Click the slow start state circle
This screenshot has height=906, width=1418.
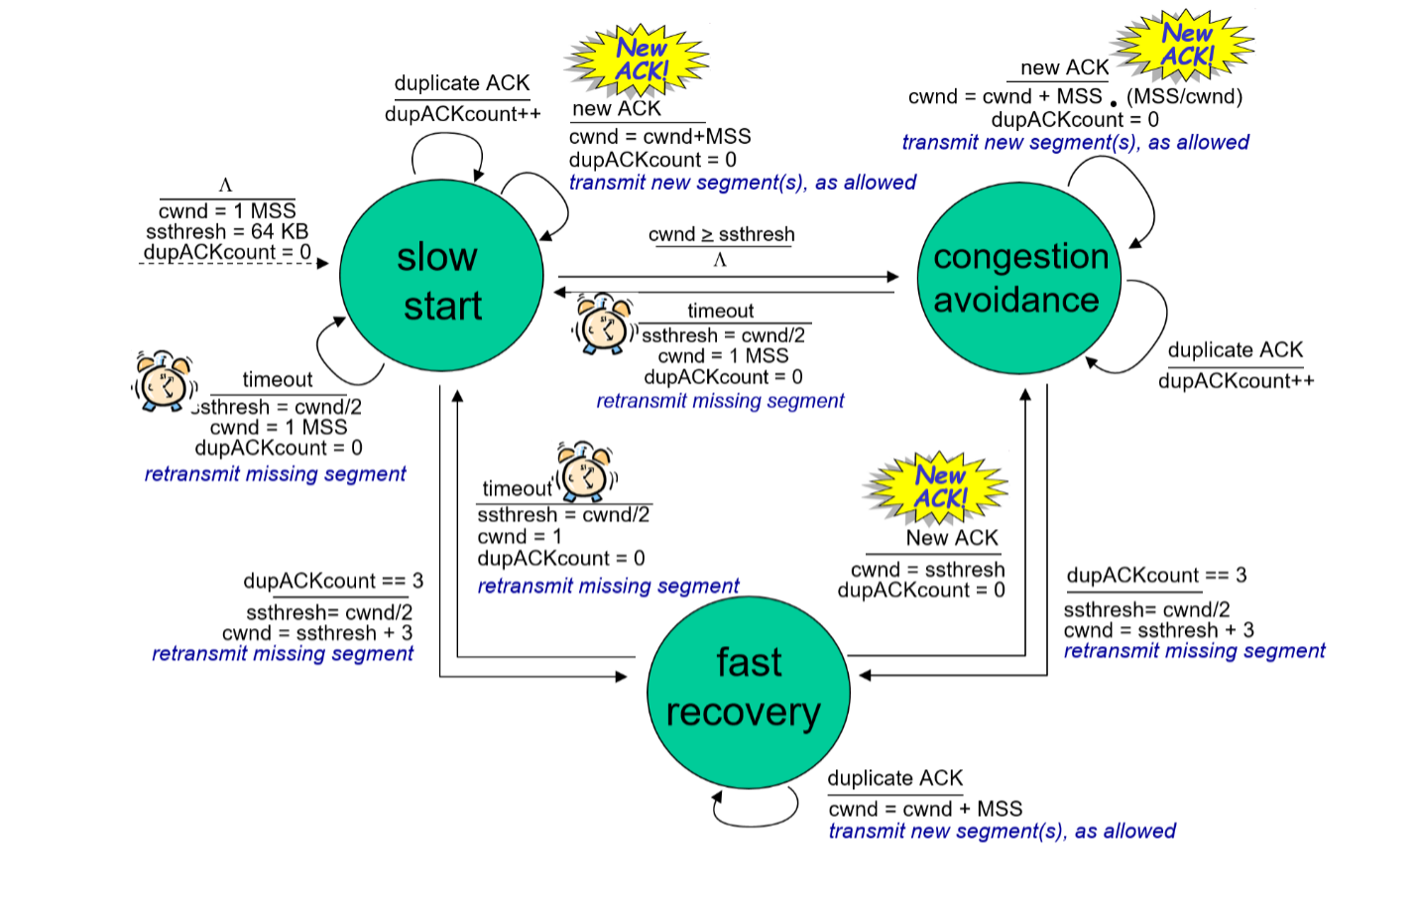(x=441, y=276)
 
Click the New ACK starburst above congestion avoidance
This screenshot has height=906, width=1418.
(x=1185, y=46)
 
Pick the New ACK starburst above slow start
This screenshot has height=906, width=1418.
(x=640, y=60)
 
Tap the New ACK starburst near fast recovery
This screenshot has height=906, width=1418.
(x=937, y=486)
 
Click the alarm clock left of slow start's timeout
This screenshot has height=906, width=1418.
(x=164, y=382)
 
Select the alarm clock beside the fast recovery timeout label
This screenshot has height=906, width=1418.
(x=585, y=472)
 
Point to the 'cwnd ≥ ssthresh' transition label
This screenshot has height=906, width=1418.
(x=721, y=235)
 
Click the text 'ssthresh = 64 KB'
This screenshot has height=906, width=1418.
(x=227, y=232)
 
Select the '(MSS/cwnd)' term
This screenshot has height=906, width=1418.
(x=1184, y=97)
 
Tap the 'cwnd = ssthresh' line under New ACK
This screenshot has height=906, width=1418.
(x=927, y=570)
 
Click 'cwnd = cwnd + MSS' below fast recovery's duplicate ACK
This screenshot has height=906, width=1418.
(x=925, y=809)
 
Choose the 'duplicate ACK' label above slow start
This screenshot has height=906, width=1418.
(x=461, y=83)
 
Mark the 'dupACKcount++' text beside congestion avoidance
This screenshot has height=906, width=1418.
(x=1236, y=381)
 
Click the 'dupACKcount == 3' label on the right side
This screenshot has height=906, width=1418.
(x=1156, y=576)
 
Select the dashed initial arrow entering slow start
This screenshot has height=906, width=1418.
(x=233, y=264)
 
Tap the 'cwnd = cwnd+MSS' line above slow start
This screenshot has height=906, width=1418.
(x=659, y=137)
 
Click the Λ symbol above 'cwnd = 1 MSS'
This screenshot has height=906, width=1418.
(x=225, y=186)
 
